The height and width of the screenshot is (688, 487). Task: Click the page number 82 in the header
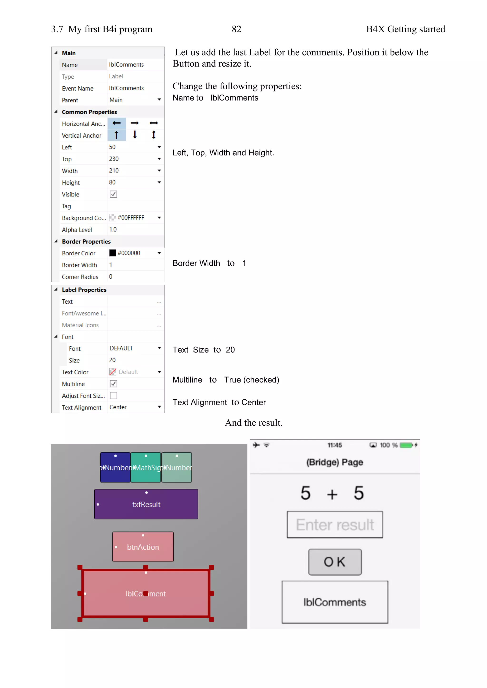[x=236, y=29]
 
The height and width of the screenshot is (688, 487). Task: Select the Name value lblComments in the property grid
[x=126, y=65]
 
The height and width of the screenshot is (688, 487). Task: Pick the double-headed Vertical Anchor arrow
[x=154, y=135]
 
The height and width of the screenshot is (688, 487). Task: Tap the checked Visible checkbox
[x=113, y=194]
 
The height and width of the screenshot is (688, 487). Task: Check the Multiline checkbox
[x=113, y=383]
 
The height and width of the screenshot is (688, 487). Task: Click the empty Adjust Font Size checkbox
[x=113, y=396]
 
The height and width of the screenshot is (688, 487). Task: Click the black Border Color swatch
[x=113, y=253]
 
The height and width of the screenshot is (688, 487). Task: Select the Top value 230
[x=114, y=159]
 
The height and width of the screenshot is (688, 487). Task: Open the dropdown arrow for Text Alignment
[x=159, y=407]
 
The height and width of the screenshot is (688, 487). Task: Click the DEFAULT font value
[x=121, y=348]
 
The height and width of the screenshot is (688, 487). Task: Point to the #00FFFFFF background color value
[x=131, y=218]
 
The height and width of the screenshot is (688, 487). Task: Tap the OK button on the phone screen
[x=335, y=562]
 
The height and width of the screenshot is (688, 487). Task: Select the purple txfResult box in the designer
[x=146, y=504]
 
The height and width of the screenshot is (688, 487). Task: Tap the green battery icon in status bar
[x=406, y=445]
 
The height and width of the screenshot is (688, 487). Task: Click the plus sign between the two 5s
[x=332, y=494]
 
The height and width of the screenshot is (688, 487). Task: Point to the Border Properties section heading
[x=86, y=242]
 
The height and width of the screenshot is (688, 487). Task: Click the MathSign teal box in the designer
[x=146, y=468]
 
